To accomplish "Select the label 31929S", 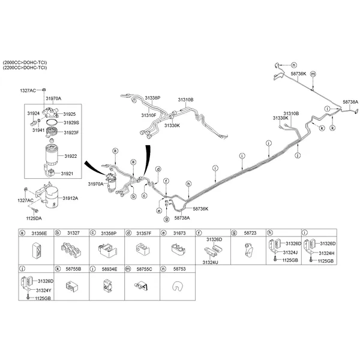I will click(71, 122).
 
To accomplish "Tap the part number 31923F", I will click(71, 132).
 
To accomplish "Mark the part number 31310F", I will click(149, 115).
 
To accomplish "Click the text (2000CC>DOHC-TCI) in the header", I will click(25, 62).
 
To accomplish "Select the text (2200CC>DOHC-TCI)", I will click(25, 68).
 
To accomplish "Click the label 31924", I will click(33, 112).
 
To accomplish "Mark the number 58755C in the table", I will click(143, 269).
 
